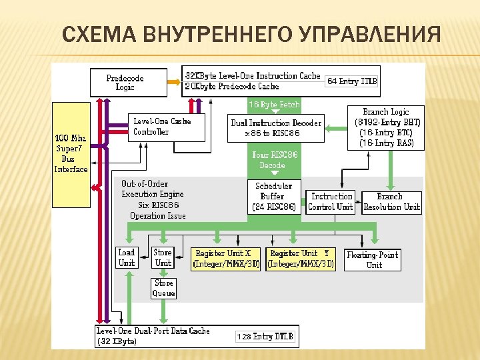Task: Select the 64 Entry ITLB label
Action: (x=351, y=81)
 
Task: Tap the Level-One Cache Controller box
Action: (x=167, y=127)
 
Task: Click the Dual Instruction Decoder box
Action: (x=276, y=128)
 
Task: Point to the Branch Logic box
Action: (x=386, y=127)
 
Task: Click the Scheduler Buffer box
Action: (x=273, y=197)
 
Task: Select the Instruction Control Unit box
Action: (x=331, y=201)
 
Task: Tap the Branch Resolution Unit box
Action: (x=391, y=201)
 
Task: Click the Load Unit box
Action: (x=127, y=257)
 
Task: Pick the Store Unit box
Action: (x=163, y=257)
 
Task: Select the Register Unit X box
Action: (x=227, y=259)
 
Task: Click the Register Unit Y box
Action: (x=301, y=259)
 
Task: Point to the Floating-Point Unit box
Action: (x=373, y=260)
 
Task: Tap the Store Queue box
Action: (x=164, y=288)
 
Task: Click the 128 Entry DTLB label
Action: (x=265, y=337)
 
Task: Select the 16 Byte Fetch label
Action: (x=274, y=105)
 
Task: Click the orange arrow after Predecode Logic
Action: (x=173, y=81)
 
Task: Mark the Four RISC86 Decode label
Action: (x=274, y=160)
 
